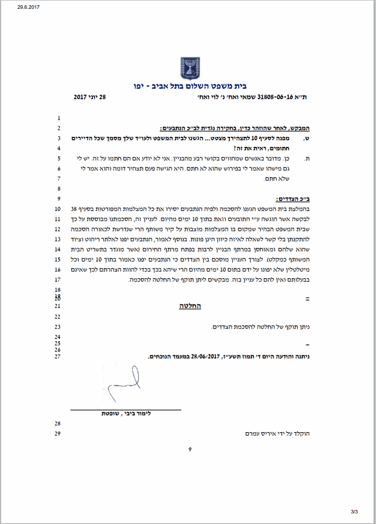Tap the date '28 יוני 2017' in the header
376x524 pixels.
93,96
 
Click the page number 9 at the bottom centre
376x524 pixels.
190,450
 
